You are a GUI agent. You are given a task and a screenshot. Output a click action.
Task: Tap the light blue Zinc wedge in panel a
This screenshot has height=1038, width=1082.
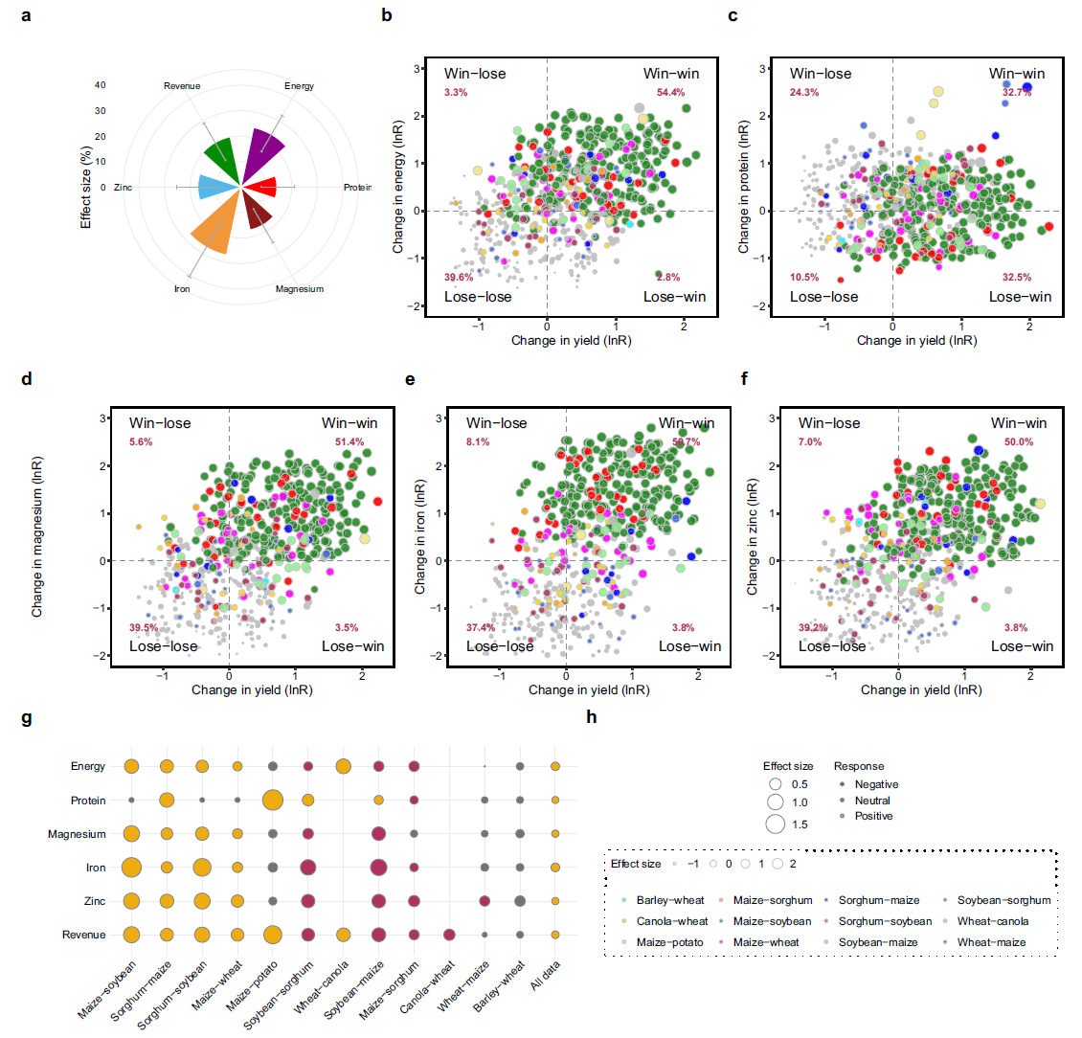[x=214, y=188]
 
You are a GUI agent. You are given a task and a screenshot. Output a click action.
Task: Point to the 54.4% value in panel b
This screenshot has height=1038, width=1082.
[x=670, y=93]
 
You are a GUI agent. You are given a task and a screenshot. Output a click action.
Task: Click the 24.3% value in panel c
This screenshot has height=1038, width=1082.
[x=804, y=93]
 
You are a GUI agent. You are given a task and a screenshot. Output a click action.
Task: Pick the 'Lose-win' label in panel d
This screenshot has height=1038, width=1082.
[x=352, y=646]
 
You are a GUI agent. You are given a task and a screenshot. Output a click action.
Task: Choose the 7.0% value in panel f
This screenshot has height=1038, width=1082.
[x=809, y=442]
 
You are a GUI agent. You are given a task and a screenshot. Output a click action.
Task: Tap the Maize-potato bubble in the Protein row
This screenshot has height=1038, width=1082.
[x=273, y=800]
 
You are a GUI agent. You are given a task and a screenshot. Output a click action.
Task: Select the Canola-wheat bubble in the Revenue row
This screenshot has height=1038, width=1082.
[x=449, y=935]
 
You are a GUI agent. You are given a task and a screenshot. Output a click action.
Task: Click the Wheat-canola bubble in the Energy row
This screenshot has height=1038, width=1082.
[x=343, y=766]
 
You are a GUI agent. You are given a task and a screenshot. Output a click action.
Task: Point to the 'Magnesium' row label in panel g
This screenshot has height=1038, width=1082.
[x=77, y=834]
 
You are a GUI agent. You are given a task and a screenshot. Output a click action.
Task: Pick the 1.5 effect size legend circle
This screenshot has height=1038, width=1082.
[x=775, y=824]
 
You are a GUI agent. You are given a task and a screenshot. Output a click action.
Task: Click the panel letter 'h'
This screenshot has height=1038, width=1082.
[x=592, y=716]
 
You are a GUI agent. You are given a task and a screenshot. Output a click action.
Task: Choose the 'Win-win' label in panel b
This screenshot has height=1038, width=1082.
[x=671, y=74]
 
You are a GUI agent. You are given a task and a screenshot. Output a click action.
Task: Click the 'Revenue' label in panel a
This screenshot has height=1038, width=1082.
[x=182, y=86]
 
